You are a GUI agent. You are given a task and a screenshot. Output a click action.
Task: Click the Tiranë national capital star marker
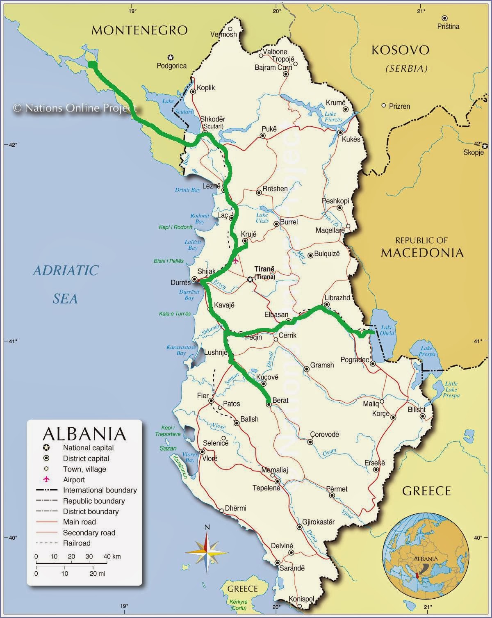pos(250,280)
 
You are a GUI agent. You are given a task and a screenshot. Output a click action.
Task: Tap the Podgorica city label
pos(172,66)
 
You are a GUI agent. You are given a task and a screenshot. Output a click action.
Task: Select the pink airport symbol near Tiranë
pos(235,260)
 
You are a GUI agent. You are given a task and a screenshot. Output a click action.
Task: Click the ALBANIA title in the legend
pos(84,434)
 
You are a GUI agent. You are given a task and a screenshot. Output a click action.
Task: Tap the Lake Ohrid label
pos(387,330)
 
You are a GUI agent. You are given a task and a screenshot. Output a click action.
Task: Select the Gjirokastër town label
pos(319,522)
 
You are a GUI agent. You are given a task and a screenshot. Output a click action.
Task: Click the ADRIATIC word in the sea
pos(66,270)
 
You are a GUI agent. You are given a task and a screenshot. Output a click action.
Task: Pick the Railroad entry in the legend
pos(77,543)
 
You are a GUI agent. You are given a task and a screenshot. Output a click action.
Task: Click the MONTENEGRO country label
pos(139,30)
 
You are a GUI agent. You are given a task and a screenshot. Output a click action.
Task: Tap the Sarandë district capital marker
pos(278,563)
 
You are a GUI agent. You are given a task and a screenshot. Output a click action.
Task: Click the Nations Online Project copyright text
pos(74,108)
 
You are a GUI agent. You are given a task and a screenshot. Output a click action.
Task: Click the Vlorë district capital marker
pos(202,452)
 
